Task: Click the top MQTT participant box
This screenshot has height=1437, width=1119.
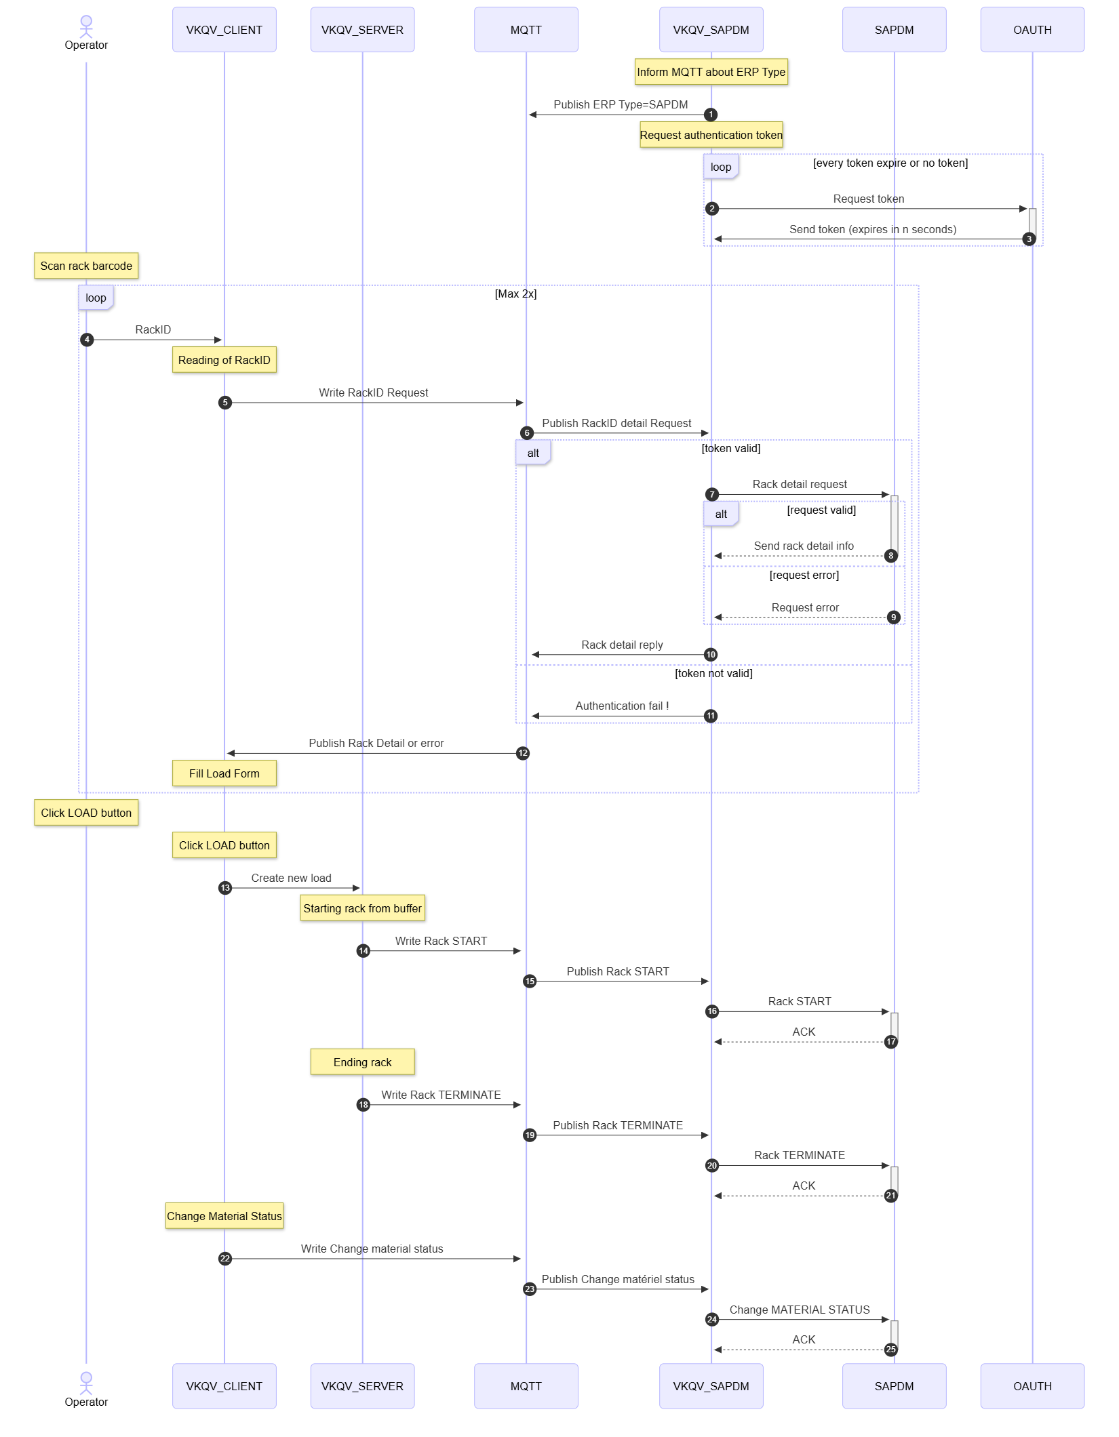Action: click(x=526, y=30)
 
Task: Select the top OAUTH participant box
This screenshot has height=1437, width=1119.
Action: click(x=1032, y=30)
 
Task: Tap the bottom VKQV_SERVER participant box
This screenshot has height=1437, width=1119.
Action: click(x=362, y=1386)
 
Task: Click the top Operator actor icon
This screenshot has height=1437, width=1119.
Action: click(x=86, y=25)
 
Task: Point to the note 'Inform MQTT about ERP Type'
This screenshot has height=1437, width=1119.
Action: click(x=711, y=72)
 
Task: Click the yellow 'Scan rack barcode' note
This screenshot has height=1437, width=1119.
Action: click(x=86, y=266)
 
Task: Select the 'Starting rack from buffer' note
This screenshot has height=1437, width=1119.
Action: click(x=362, y=908)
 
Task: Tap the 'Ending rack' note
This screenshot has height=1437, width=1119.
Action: click(x=362, y=1062)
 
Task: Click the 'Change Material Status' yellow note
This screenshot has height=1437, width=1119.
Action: click(x=224, y=1216)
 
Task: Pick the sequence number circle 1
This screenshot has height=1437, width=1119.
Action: click(x=710, y=115)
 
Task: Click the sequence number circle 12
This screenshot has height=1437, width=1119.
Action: click(x=523, y=753)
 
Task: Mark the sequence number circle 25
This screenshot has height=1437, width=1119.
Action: click(x=890, y=1350)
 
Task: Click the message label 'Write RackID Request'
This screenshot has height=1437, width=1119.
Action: click(x=373, y=392)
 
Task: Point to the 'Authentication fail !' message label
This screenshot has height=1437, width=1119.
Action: click(x=621, y=706)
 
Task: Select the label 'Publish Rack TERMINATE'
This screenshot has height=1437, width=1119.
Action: click(x=617, y=1125)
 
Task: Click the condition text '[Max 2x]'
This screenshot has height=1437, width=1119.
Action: click(x=515, y=294)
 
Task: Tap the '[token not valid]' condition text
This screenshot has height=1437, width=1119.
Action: click(x=713, y=673)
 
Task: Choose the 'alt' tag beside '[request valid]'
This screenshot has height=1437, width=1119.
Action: click(x=720, y=514)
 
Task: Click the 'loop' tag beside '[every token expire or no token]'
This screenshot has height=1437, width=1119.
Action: click(x=720, y=167)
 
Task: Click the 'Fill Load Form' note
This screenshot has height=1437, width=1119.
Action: click(x=224, y=773)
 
